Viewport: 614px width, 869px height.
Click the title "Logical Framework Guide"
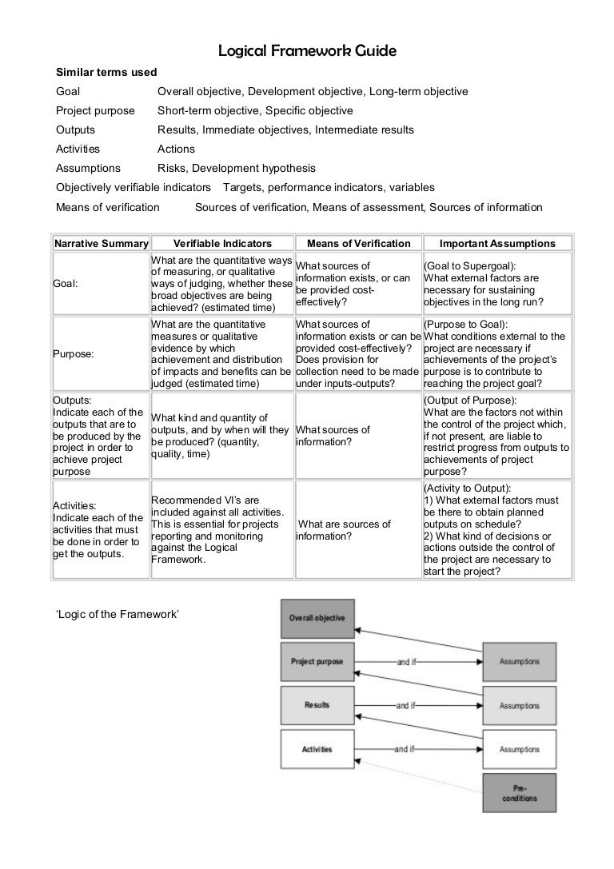(307, 52)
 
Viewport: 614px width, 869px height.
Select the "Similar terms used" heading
(106, 73)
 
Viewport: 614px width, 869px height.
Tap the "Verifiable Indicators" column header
(222, 243)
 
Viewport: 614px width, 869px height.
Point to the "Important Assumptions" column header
(497, 243)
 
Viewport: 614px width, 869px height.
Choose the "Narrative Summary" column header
(101, 243)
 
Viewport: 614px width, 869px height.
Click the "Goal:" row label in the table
(66, 284)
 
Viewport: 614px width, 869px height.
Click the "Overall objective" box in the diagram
(317, 619)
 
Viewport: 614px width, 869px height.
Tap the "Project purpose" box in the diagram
(317, 662)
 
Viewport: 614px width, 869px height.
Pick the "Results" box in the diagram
(317, 705)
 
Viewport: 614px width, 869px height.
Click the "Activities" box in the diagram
(317, 749)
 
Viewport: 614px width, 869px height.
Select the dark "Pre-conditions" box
(519, 793)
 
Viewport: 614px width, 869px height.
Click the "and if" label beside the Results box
(405, 706)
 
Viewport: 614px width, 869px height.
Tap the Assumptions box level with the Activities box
(519, 749)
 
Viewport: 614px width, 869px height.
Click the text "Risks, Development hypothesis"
(236, 169)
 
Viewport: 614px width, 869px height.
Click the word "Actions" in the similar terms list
(176, 149)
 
